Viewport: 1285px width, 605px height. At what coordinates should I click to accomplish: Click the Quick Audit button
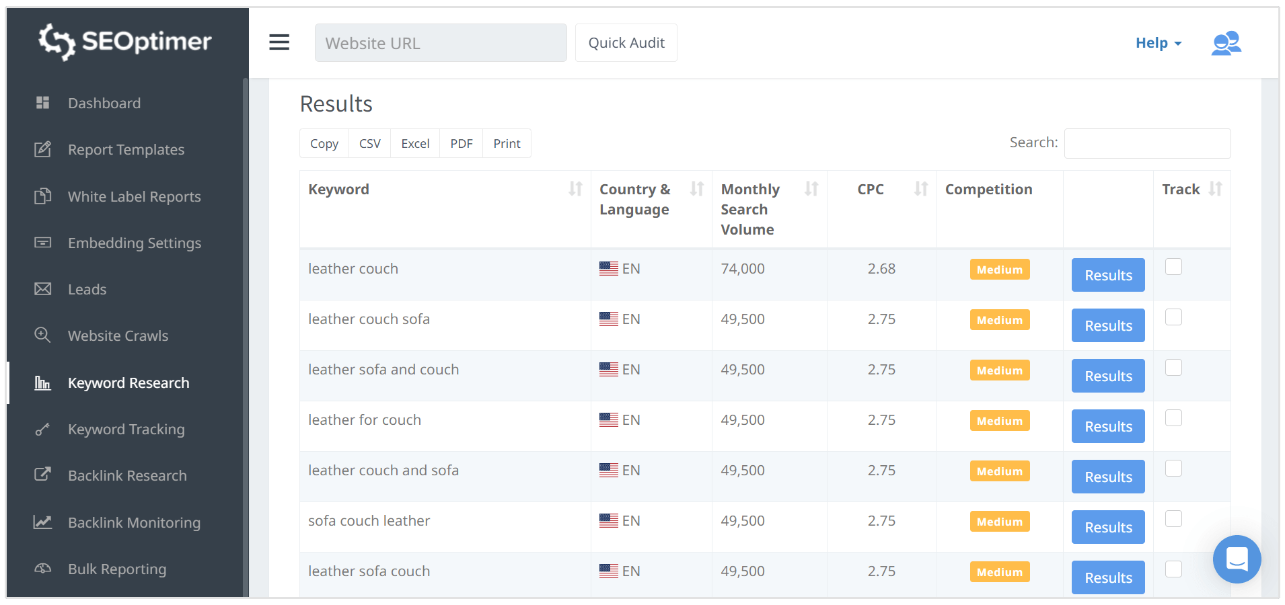pos(626,43)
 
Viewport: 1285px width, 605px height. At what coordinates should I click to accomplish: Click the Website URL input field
pos(440,43)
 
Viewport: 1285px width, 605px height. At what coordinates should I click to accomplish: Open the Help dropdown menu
pos(1158,43)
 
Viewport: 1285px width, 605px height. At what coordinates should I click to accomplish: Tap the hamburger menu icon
pos(279,42)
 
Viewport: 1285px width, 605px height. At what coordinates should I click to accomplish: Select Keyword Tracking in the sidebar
pos(126,430)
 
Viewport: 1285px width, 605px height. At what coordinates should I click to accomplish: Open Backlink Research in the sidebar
pos(127,476)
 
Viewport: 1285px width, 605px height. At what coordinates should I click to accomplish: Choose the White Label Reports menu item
pos(134,197)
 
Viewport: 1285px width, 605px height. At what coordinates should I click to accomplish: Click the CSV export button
pos(369,144)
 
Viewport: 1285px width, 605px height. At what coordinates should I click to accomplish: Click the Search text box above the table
pos(1147,143)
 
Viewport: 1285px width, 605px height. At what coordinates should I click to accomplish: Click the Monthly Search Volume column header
pos(750,209)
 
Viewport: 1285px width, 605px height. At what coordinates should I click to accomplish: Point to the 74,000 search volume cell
pos(743,269)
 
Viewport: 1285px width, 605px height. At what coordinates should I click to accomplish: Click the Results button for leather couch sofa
pos(1107,325)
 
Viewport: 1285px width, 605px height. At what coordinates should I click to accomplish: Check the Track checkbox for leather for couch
pos(1173,418)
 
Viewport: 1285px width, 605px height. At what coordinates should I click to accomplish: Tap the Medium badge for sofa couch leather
pos(999,522)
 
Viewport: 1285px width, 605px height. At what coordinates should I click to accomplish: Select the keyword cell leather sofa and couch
pos(383,370)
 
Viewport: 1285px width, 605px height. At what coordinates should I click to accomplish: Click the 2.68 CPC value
pos(881,269)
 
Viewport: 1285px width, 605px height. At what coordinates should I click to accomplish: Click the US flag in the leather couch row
pos(609,269)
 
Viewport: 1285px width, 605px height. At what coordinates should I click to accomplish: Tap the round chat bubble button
pos(1237,559)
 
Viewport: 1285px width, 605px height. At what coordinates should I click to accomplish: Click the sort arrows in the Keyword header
pos(576,189)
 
